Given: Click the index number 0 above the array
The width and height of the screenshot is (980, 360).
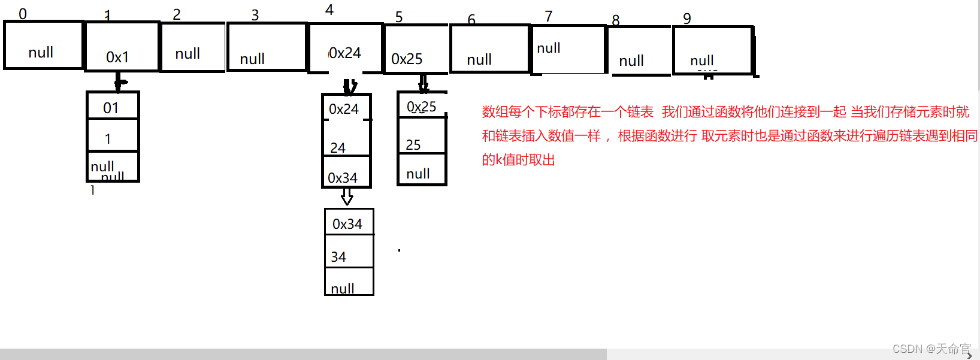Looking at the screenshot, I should pos(23,13).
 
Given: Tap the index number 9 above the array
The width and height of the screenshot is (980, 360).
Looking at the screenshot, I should pos(687,19).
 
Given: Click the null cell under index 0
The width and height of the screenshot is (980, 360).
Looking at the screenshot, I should pos(43,46).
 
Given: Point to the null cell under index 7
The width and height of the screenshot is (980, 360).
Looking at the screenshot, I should pos(568,49).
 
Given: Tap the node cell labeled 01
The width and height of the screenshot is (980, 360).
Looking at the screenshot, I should pos(113,107).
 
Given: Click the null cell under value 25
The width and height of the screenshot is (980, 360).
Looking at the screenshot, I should pos(422,170).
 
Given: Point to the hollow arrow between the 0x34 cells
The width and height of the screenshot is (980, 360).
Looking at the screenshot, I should pos(347,197).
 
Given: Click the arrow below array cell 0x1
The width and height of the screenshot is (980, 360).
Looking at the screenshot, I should pos(119,82).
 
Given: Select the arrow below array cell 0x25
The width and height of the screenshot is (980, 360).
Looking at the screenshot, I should pos(424,83).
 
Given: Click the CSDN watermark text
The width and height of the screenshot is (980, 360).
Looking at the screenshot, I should pos(931,349).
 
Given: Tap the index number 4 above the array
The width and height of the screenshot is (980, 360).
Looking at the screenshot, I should pos(329,10).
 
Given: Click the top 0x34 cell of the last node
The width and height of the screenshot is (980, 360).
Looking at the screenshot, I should pos(349,222).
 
